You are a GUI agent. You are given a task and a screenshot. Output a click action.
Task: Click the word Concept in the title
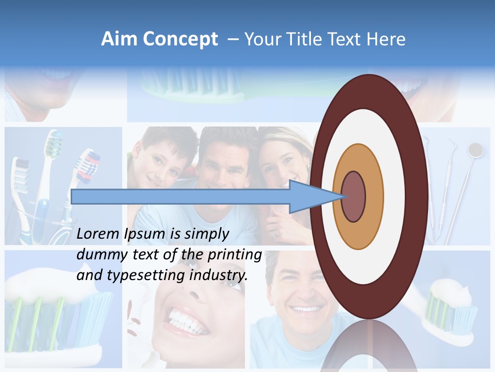[180, 40]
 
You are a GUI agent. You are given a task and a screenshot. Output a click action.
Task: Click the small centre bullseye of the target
[353, 196]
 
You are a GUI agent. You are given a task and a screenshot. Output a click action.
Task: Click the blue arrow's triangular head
[309, 196]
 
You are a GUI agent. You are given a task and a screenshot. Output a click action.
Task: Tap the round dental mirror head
[475, 150]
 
